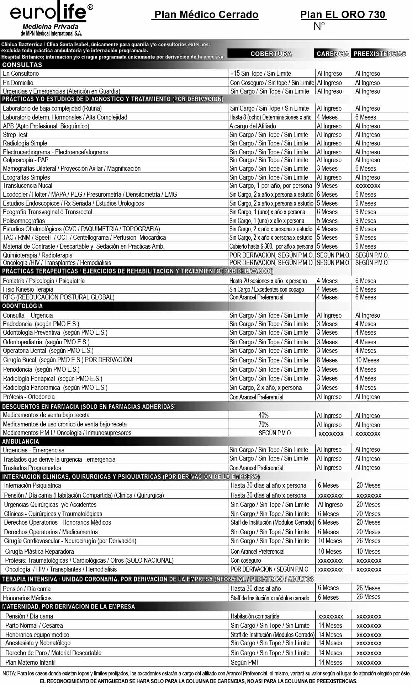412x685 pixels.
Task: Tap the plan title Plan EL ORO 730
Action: click(x=343, y=15)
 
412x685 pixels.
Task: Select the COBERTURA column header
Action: click(x=271, y=54)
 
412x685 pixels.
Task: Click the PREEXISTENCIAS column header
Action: click(x=380, y=54)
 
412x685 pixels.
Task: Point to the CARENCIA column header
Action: click(x=333, y=54)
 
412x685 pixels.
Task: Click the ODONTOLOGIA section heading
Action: click(x=22, y=306)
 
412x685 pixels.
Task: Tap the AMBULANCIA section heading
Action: click(x=21, y=441)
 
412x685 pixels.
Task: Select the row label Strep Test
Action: click(x=15, y=134)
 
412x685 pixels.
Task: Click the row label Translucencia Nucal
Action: click(x=27, y=186)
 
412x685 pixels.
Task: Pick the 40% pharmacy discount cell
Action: click(x=264, y=415)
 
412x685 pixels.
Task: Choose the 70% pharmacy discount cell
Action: click(x=264, y=424)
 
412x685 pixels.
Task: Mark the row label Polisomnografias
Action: click(x=24, y=221)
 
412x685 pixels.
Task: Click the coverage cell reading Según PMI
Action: click(x=244, y=662)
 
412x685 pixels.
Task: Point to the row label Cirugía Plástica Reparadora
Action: click(x=39, y=551)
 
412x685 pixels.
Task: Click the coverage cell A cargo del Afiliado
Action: click(x=253, y=126)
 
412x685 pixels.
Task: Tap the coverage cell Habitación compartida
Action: click(x=255, y=616)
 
